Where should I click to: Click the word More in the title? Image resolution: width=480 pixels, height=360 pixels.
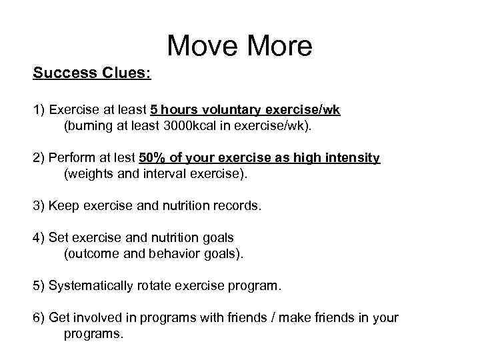tap(280, 46)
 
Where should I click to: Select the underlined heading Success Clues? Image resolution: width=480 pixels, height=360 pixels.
tap(92, 73)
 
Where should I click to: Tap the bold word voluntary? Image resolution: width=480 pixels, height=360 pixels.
tap(229, 110)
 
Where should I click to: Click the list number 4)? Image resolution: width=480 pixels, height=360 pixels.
tap(39, 238)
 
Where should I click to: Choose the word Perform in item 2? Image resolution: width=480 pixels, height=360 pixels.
tap(70, 158)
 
